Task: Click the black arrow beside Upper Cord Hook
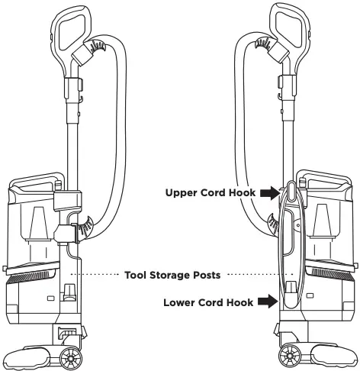tap(268, 194)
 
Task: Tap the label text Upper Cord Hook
tap(210, 194)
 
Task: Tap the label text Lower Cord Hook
tap(209, 302)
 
